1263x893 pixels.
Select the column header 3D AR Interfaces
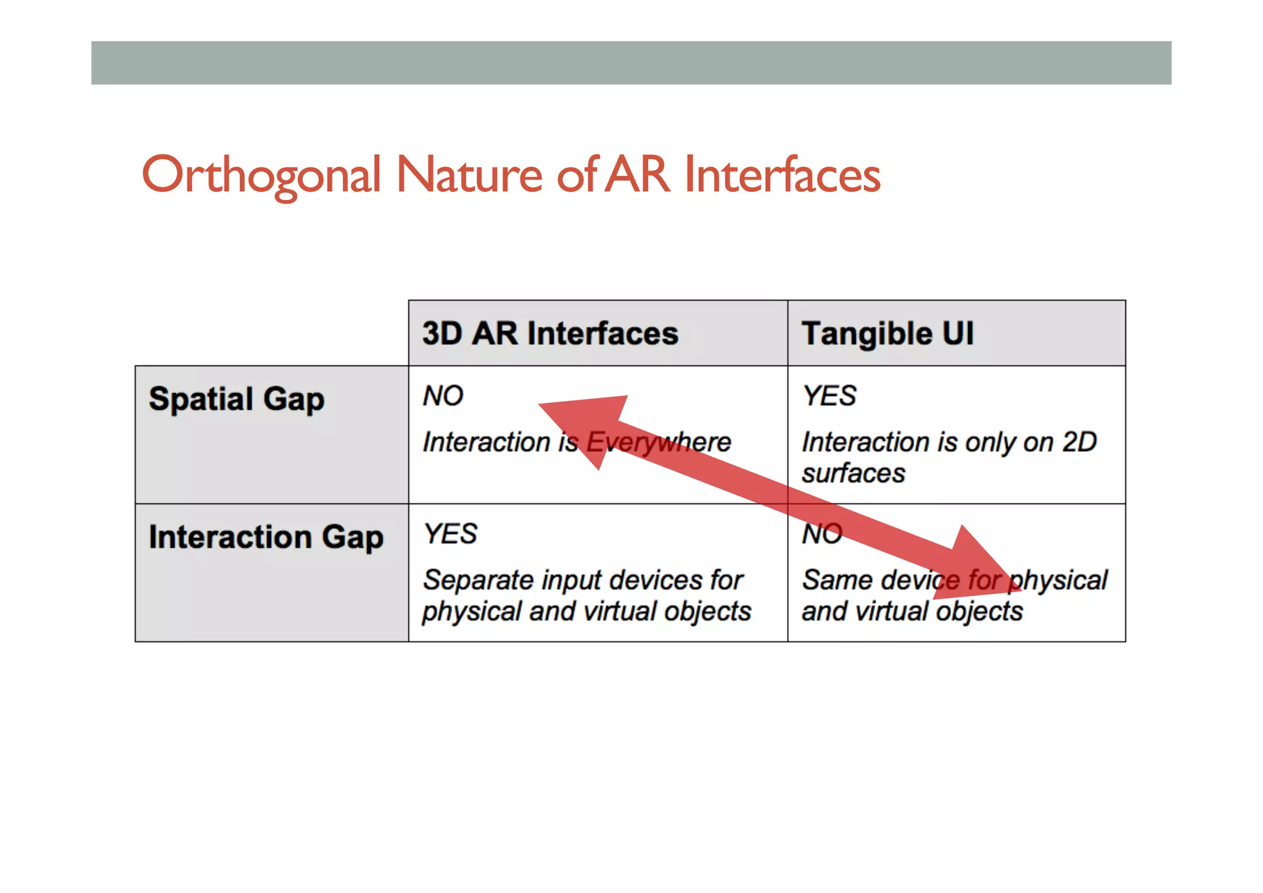(550, 334)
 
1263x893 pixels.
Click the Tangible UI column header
(887, 334)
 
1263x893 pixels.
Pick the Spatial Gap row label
(236, 399)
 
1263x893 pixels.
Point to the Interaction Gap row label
(266, 537)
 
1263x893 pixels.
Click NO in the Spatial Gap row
(443, 396)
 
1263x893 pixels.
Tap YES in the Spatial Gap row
(829, 396)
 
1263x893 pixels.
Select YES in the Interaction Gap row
(450, 534)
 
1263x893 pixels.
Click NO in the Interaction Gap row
(821, 534)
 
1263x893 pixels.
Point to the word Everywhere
(658, 442)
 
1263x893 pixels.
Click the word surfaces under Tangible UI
(853, 474)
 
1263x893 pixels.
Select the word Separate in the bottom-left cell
(472, 581)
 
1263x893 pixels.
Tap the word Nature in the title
(469, 175)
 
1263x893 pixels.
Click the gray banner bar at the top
(631, 63)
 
